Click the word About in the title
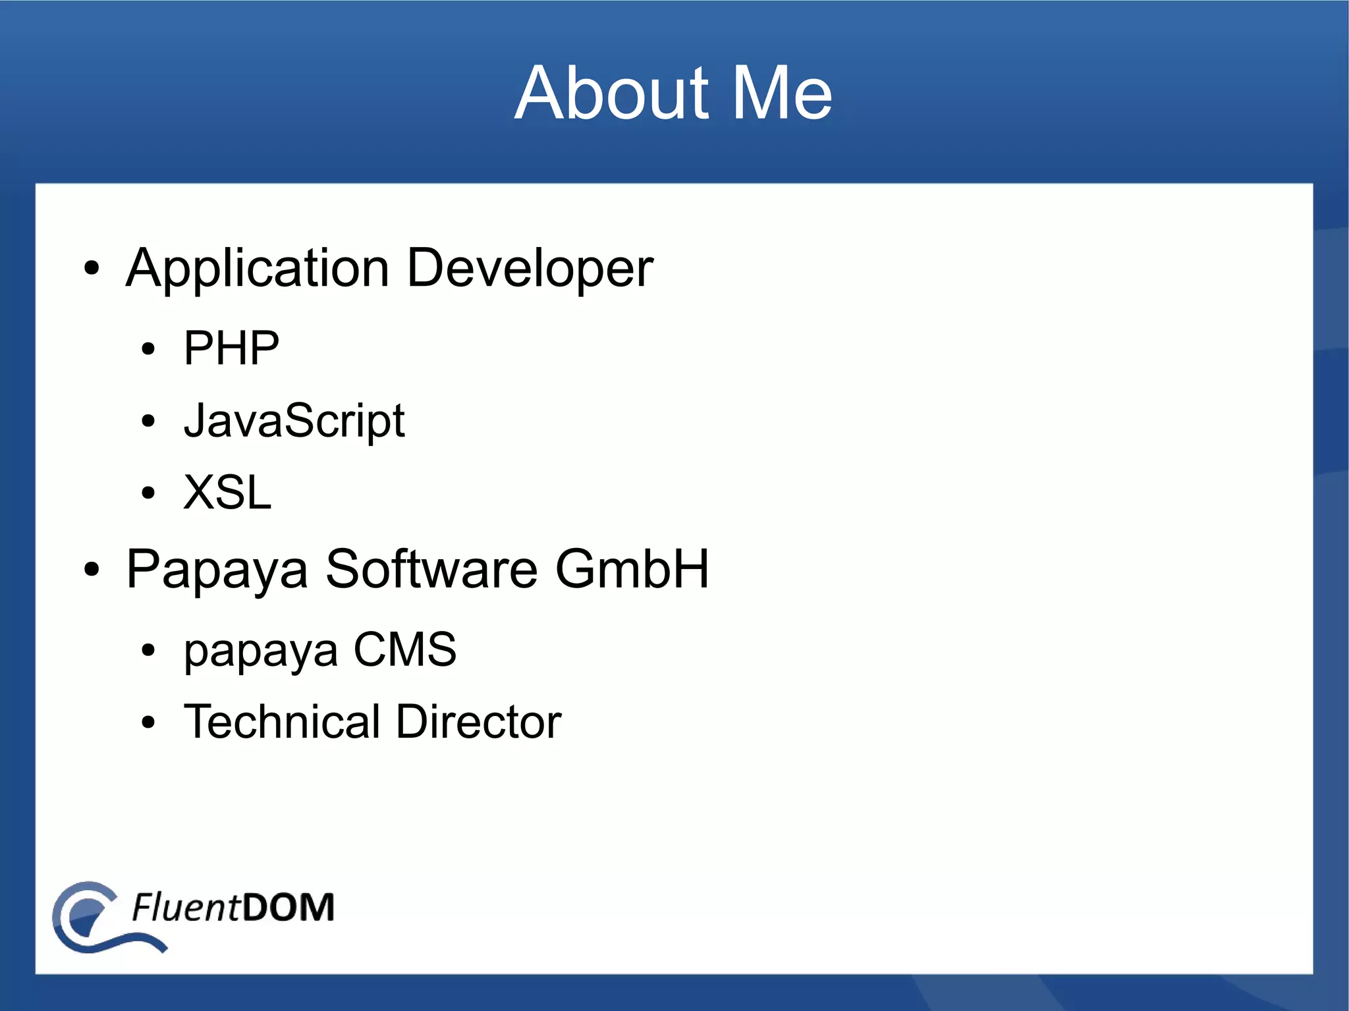point(611,94)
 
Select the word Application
point(258,269)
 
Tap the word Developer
point(530,269)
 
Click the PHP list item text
point(231,348)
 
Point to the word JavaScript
point(294,420)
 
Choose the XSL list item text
point(227,492)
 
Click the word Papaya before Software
point(217,569)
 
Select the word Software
point(431,569)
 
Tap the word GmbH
point(632,569)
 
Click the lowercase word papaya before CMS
point(261,650)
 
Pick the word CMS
point(404,649)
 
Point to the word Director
point(479,721)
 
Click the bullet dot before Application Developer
point(92,269)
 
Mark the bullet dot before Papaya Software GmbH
point(92,570)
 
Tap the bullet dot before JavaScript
point(148,421)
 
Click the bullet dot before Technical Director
point(148,723)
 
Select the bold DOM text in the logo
point(288,907)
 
